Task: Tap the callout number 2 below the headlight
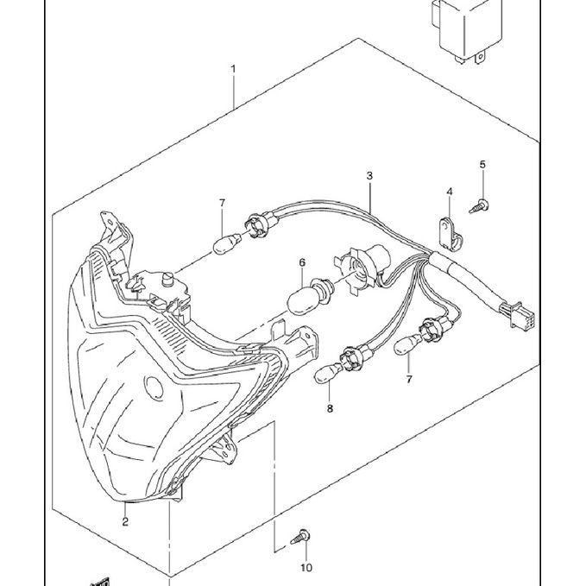tap(125, 521)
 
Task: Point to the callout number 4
tap(450, 191)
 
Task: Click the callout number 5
tap(482, 164)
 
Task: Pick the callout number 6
tap(303, 261)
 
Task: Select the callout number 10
tap(305, 567)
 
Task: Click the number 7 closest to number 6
tap(222, 203)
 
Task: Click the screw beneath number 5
tap(479, 205)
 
